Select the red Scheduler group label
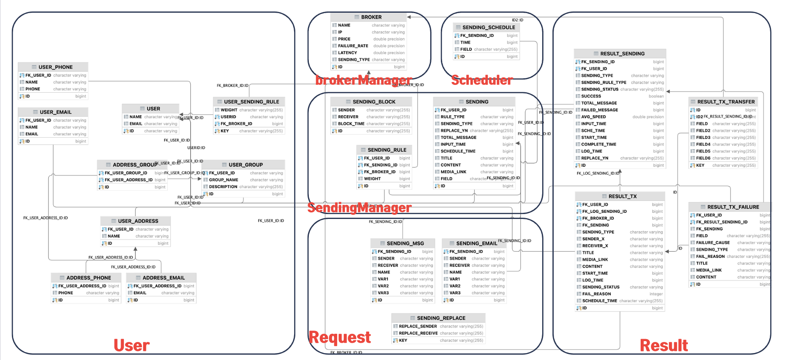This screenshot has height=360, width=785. pyautogui.click(x=482, y=80)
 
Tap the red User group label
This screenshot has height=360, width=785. pyautogui.click(x=132, y=345)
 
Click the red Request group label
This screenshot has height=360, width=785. pyautogui.click(x=340, y=337)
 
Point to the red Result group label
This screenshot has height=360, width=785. pyautogui.click(x=664, y=345)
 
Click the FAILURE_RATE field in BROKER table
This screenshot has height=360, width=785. pyautogui.click(x=353, y=46)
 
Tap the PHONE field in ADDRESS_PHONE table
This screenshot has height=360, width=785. pyautogui.click(x=66, y=293)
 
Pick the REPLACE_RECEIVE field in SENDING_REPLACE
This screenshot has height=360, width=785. pyautogui.click(x=418, y=333)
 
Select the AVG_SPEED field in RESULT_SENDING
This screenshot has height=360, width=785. pyautogui.click(x=593, y=117)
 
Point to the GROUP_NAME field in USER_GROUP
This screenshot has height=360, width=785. pyautogui.click(x=224, y=180)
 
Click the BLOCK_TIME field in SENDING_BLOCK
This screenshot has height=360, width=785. pyautogui.click(x=351, y=123)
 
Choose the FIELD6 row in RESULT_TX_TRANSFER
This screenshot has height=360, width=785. pyautogui.click(x=703, y=158)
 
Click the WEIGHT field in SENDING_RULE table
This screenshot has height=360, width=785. pyautogui.click(x=372, y=179)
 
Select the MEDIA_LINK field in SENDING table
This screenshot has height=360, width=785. pyautogui.click(x=453, y=172)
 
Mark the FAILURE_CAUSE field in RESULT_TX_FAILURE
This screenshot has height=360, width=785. pyautogui.click(x=713, y=242)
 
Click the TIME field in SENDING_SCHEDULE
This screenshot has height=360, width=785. pyautogui.click(x=465, y=42)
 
